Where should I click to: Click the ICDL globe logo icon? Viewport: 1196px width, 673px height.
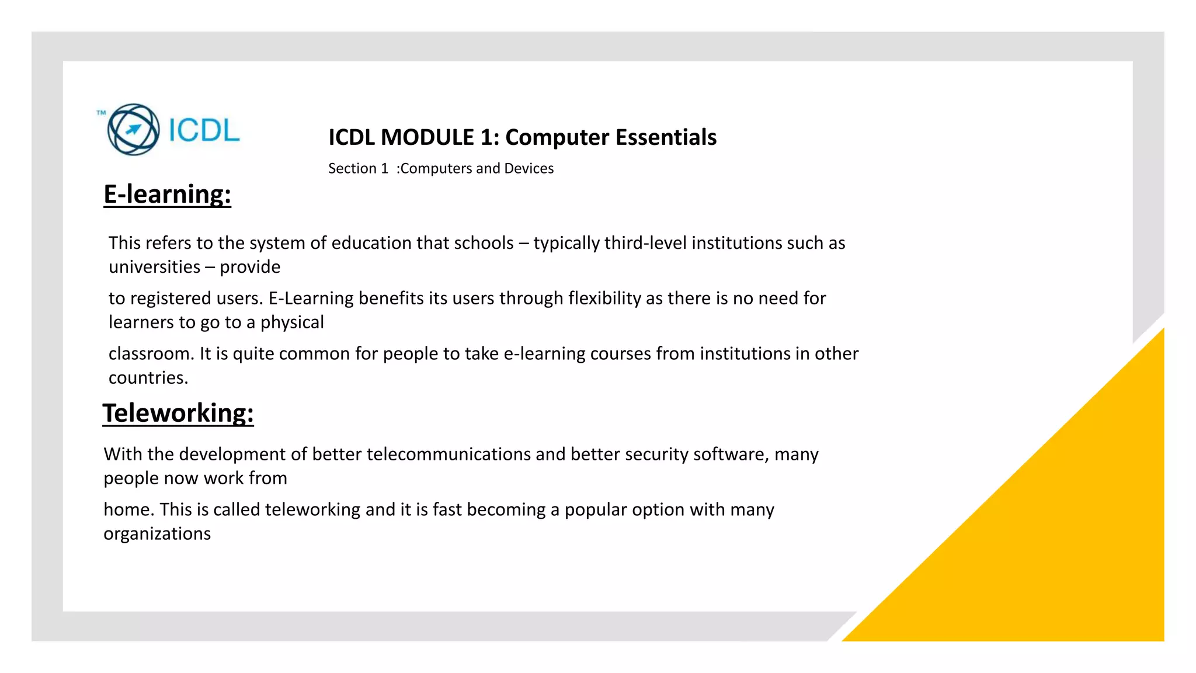(x=133, y=130)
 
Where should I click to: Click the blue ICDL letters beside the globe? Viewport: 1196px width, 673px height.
(x=204, y=130)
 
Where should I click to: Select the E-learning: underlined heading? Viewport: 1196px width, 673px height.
(x=167, y=194)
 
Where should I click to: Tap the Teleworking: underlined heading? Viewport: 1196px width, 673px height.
(x=178, y=413)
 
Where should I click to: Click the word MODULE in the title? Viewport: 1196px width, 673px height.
(x=427, y=138)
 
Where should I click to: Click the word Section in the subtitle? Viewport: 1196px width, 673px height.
(x=352, y=169)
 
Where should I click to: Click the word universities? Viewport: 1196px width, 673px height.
(x=155, y=267)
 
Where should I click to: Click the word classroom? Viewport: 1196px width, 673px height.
(x=151, y=354)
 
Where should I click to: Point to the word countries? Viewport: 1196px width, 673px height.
(x=148, y=378)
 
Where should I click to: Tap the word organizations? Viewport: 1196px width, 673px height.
(x=157, y=534)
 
